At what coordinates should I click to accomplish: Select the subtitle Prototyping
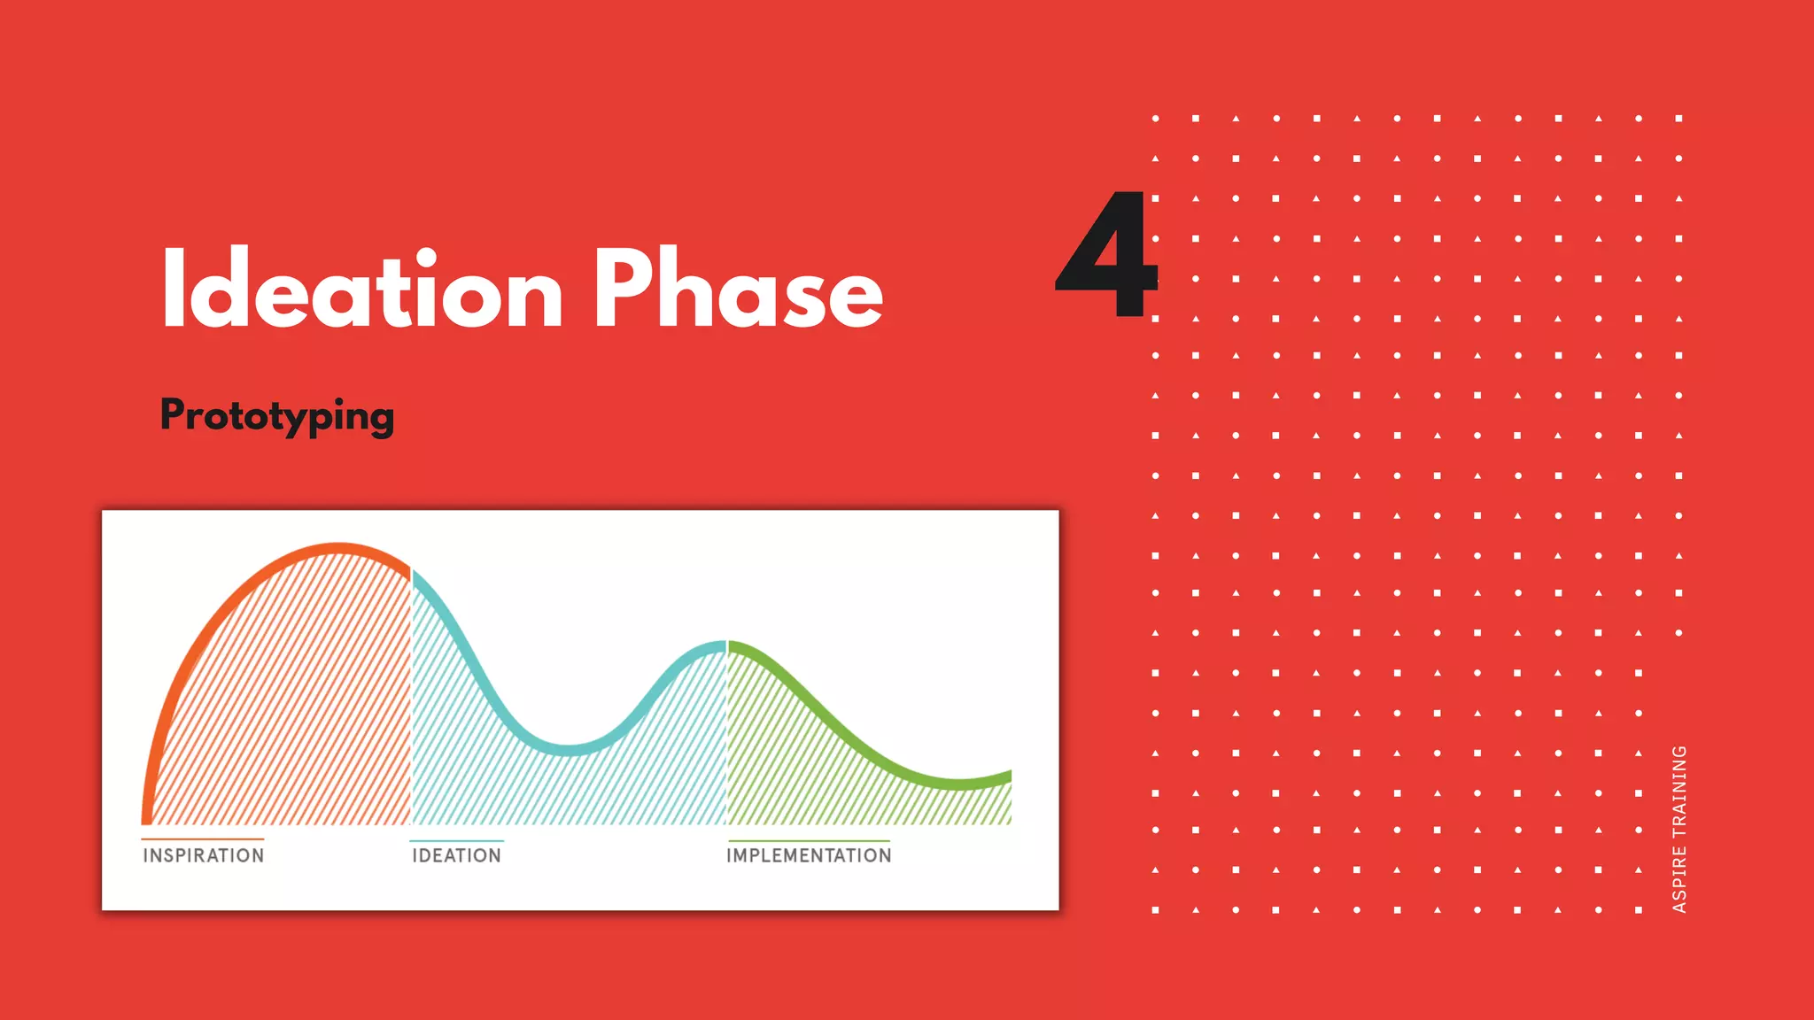tap(277, 415)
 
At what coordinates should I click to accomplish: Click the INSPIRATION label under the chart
tap(204, 855)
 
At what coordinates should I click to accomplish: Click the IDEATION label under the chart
tap(456, 855)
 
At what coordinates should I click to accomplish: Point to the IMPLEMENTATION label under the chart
tap(809, 855)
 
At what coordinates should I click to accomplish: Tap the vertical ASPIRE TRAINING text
tap(1678, 829)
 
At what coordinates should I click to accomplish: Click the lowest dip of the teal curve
tap(570, 750)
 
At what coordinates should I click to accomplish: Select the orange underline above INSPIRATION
tap(203, 838)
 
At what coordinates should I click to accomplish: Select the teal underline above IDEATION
tap(456, 840)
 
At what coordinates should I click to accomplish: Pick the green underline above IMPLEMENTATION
tap(809, 840)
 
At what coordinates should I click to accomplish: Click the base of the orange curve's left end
tap(147, 818)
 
